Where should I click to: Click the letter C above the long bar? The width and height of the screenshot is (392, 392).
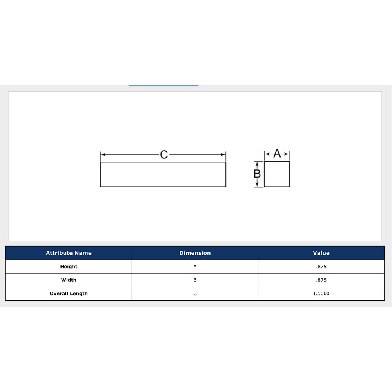pos(164,154)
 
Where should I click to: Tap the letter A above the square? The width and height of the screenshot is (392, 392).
pos(277,154)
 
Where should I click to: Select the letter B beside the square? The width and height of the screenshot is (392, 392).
pos(257,174)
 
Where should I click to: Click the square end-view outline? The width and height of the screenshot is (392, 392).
pos(277,174)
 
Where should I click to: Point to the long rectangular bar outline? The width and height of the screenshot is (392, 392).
pos(163,174)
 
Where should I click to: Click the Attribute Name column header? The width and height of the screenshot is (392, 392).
pos(69,253)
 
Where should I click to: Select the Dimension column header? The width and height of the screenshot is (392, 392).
pos(195,253)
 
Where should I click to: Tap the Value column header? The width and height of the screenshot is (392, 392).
pos(321,253)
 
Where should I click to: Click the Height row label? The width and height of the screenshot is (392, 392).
pos(69,267)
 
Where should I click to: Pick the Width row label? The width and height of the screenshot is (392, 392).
pos(69,280)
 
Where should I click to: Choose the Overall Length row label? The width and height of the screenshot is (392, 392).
pos(69,293)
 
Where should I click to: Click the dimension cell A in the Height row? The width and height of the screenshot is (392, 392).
pos(195,267)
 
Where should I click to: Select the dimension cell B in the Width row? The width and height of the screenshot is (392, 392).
pos(195,280)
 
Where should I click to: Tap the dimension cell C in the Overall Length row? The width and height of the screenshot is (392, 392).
pos(195,293)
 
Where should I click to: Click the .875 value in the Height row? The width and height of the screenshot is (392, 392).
pos(321,267)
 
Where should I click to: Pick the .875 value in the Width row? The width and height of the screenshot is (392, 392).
pos(321,280)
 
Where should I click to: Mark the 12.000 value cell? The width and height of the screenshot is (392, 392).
pos(321,293)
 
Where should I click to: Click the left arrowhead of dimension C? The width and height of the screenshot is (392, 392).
pos(103,154)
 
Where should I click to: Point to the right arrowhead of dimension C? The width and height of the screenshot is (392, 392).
pos(224,154)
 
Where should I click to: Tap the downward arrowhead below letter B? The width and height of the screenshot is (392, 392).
pos(257,185)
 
